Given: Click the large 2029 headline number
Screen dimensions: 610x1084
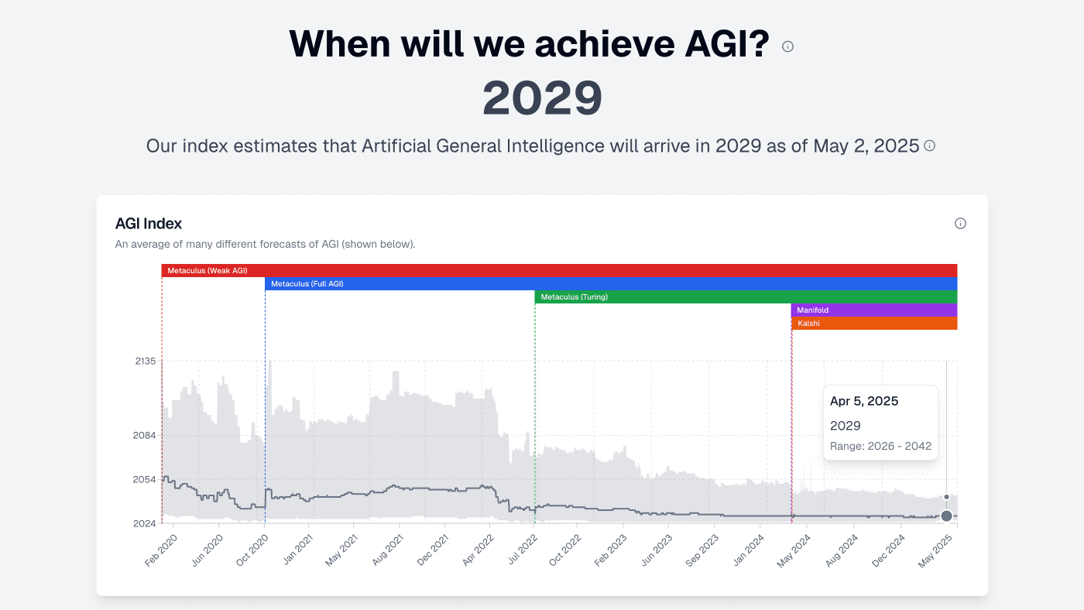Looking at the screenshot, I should pos(542,98).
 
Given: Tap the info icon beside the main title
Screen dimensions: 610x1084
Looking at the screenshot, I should pos(787,46).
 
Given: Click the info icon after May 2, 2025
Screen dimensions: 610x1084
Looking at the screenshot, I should pos(929,146).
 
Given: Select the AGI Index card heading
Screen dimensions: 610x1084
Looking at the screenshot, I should pos(148,224).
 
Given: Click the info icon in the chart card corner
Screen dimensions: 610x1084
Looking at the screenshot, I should pos(960,224).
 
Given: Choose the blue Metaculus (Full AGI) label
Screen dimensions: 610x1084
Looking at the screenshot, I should pos(307,284).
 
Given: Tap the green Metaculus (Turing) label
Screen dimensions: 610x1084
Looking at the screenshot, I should pos(574,297).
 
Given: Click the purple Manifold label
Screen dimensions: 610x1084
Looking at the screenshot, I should pos(812,310).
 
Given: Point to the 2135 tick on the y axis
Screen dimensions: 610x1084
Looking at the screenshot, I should pos(146,362).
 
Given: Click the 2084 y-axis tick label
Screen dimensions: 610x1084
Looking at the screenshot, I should pos(146,435).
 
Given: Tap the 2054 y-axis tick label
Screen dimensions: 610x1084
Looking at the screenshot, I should pos(146,479).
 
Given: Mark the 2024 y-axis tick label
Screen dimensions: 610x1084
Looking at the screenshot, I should pos(146,524).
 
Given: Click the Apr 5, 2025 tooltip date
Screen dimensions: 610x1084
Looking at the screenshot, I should pos(863,401).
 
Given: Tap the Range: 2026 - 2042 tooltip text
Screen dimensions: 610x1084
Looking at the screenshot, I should pos(880,446).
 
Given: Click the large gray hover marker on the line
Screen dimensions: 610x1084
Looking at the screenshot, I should pos(946,516).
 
